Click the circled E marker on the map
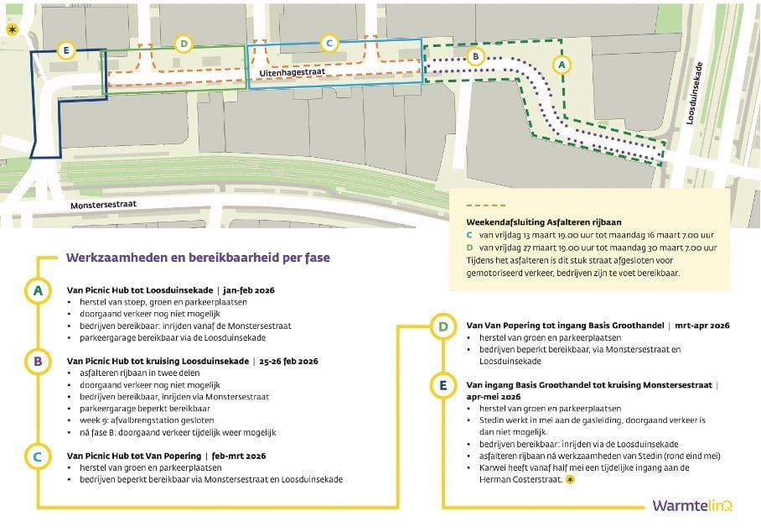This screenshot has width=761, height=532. (x=66, y=50)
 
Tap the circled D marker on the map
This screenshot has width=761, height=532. (x=184, y=44)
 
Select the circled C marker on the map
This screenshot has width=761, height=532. (x=329, y=44)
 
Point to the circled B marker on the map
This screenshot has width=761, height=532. (x=476, y=56)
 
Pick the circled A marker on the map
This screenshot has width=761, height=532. (x=562, y=65)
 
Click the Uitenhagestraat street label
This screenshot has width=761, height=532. (x=292, y=73)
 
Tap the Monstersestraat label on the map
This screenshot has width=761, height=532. (x=103, y=205)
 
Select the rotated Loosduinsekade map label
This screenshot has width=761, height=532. (x=694, y=93)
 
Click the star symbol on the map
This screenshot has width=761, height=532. (x=12, y=29)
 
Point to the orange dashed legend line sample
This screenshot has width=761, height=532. (x=486, y=206)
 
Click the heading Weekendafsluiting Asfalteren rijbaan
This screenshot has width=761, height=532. (x=544, y=222)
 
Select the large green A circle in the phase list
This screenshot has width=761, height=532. (x=38, y=290)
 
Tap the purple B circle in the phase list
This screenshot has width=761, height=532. (x=38, y=362)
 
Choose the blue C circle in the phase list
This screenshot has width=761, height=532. (x=38, y=456)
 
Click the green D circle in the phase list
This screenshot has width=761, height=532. (x=443, y=326)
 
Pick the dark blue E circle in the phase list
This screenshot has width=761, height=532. (x=443, y=385)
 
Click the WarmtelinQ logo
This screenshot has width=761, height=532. (x=692, y=506)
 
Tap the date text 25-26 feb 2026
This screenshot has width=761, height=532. (x=289, y=362)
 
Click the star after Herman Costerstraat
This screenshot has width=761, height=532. (x=570, y=480)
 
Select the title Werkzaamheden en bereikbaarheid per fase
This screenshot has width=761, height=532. (x=198, y=258)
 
